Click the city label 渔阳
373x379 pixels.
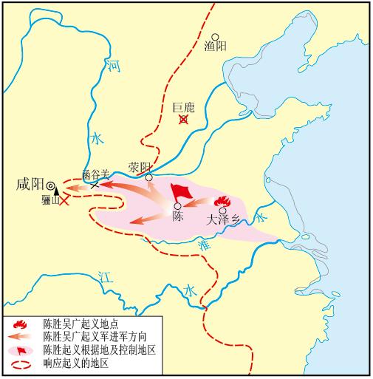tap(215, 46)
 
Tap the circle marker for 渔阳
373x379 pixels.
tap(215, 35)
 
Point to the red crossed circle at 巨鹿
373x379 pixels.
tap(183, 118)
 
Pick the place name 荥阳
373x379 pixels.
tap(138, 166)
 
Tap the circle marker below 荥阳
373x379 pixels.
tap(149, 177)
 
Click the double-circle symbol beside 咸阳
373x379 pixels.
tap(51, 186)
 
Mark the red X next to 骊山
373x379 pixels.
tap(66, 199)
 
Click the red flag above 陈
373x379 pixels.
tap(179, 191)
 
